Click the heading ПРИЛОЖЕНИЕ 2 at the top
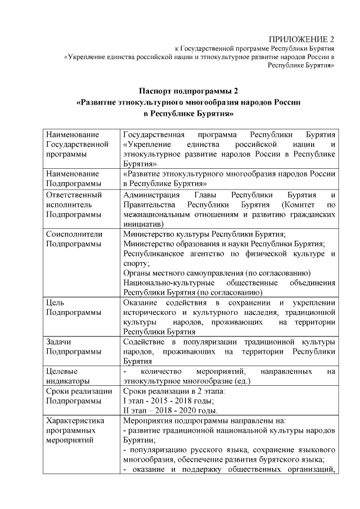coord(301,39)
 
